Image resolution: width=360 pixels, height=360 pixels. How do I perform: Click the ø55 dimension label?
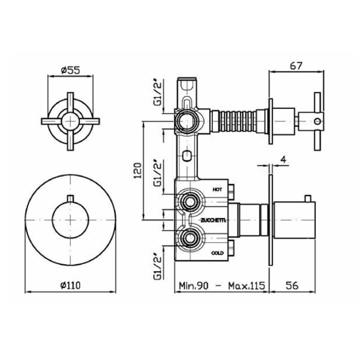coord(70,70)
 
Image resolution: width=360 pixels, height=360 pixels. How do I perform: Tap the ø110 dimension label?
coord(70,285)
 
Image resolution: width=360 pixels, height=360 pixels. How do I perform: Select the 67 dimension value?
coord(296,66)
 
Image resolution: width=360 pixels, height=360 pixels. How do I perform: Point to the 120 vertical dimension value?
coord(137,171)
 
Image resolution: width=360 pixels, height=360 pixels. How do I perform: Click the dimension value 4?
coord(284,159)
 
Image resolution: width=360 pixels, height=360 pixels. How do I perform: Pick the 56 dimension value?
coord(292,285)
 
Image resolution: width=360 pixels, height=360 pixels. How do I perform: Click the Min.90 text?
coord(193,285)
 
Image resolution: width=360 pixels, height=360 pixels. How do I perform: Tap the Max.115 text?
coord(246,285)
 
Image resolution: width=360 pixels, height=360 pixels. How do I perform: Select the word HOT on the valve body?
coord(217,190)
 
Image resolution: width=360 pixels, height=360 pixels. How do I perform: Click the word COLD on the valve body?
coord(217,253)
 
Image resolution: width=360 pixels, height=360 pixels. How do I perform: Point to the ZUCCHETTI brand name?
coord(213,221)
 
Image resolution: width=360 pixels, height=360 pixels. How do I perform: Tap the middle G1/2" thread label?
coord(158,173)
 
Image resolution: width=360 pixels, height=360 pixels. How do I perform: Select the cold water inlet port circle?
coord(190,239)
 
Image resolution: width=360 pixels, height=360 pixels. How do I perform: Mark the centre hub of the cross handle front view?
coord(70,121)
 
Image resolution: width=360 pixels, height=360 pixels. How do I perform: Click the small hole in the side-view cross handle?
coord(318,121)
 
